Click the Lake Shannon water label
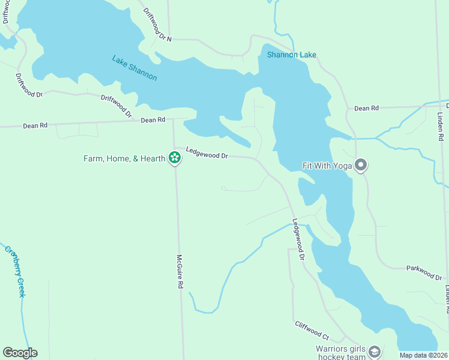[134, 68]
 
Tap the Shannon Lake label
[291, 55]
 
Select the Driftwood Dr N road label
[157, 25]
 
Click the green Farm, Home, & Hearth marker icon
[175, 158]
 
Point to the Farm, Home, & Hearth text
[124, 158]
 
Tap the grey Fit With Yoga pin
[361, 164]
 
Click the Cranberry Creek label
[15, 271]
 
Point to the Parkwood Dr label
[424, 272]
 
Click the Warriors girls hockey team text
[340, 353]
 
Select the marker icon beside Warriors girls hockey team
[375, 352]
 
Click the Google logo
[20, 353]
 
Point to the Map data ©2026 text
[424, 355]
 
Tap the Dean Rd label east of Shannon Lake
[366, 108]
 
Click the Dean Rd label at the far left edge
[35, 126]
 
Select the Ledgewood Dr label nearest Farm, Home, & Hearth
[206, 153]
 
